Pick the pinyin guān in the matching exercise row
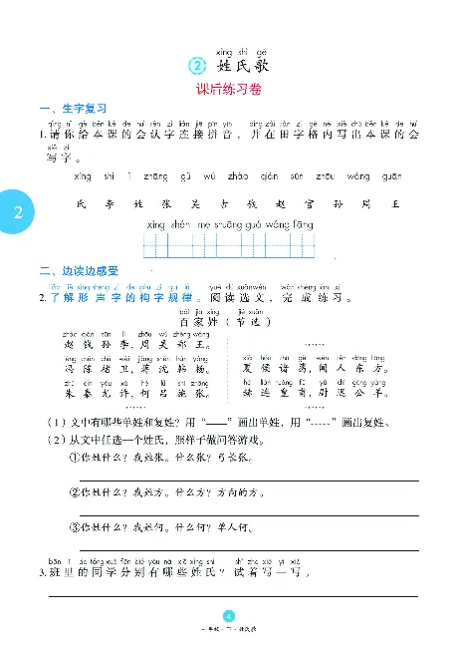click(393, 176)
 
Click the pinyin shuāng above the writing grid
click(220, 225)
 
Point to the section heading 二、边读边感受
click(79, 271)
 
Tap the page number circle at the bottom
click(229, 616)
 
